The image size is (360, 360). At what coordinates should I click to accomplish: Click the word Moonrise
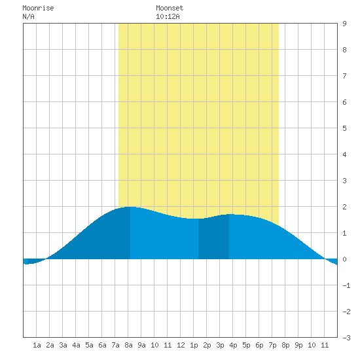[x=38, y=8]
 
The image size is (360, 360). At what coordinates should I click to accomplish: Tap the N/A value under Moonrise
[x=28, y=16]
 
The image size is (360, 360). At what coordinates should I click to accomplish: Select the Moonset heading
[x=170, y=8]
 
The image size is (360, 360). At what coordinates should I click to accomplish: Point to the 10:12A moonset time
[x=168, y=16]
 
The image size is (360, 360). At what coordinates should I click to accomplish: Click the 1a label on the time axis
[x=37, y=345]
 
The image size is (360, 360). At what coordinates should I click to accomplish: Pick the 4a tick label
[x=76, y=345]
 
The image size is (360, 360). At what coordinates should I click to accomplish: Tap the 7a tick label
[x=115, y=345]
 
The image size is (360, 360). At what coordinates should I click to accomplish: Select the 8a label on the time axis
[x=128, y=345]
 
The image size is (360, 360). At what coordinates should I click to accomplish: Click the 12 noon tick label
[x=181, y=345]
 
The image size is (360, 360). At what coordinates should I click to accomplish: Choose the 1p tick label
[x=194, y=345]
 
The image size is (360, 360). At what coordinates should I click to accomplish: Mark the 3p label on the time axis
[x=220, y=345]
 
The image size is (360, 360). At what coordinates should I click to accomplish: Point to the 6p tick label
[x=259, y=345]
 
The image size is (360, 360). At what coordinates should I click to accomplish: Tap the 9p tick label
[x=298, y=345]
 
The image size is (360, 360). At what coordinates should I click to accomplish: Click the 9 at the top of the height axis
[x=344, y=24]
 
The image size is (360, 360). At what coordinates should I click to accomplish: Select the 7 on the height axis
[x=344, y=76]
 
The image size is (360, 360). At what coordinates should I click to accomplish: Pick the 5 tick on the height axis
[x=344, y=128]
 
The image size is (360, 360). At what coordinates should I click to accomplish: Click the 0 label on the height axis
[x=344, y=259]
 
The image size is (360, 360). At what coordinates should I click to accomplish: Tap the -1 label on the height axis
[x=346, y=285]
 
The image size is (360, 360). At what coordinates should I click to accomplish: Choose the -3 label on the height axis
[x=346, y=338]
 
